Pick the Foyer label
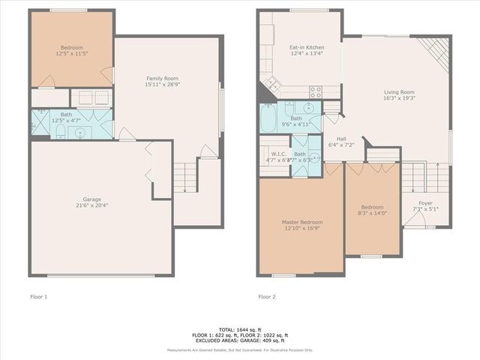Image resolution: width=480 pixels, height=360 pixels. [x=425, y=202]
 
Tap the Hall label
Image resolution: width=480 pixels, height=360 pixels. [x=341, y=139]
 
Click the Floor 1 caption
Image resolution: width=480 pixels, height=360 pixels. [x=37, y=297]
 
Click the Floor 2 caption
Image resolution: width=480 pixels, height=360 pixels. [x=266, y=297]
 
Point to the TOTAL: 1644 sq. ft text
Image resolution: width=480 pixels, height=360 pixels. [x=240, y=329]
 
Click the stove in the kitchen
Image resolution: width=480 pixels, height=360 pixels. [x=316, y=92]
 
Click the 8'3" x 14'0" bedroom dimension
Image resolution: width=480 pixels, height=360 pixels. [x=372, y=214]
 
